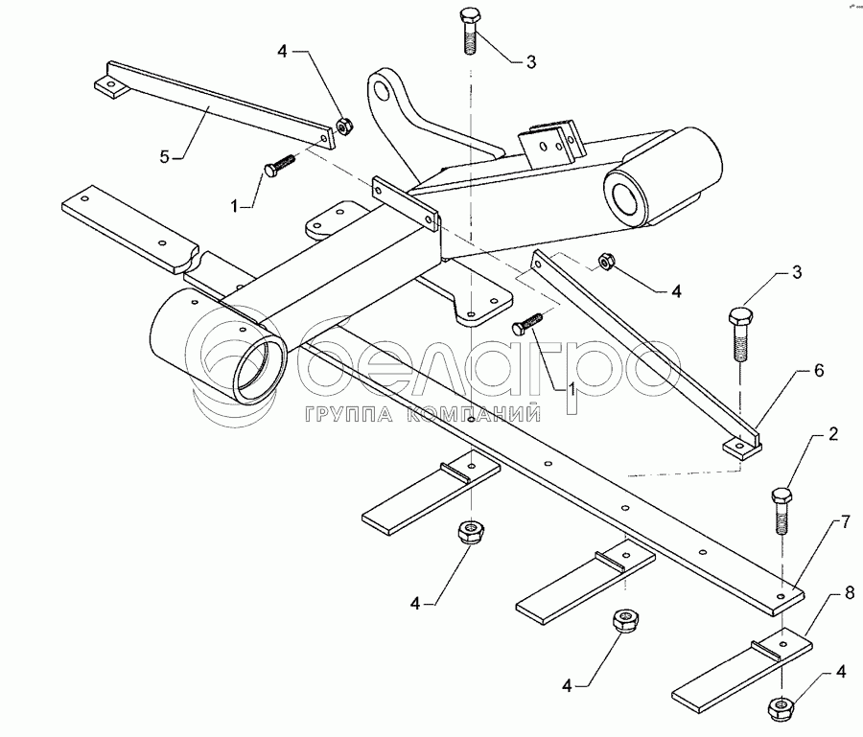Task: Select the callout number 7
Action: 845,522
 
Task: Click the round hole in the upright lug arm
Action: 385,92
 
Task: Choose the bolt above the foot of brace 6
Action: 739,332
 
